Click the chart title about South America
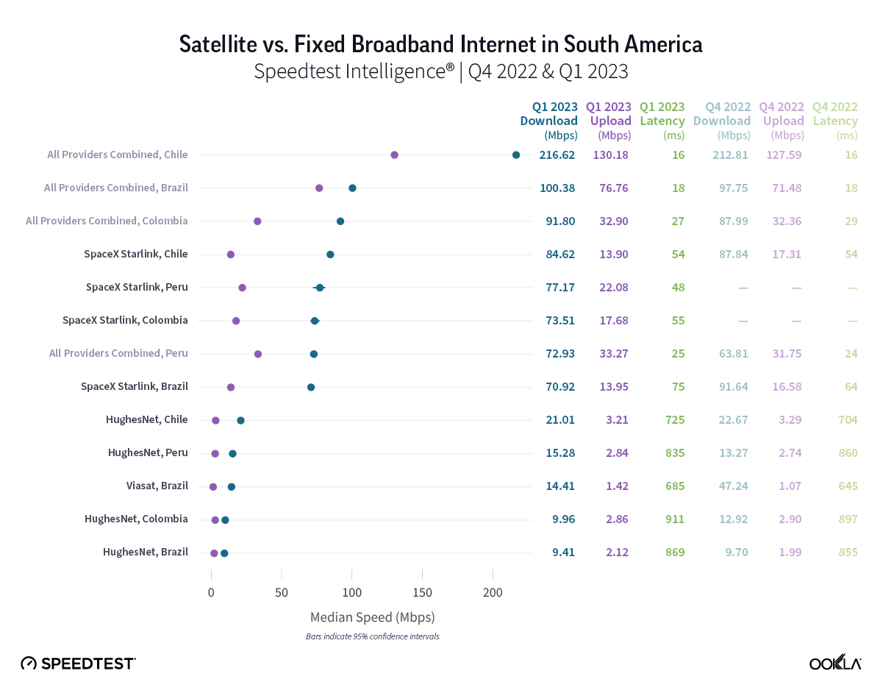(441, 45)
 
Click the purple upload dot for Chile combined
(394, 155)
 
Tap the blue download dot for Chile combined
(516, 155)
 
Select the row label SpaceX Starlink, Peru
(137, 287)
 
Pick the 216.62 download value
(557, 155)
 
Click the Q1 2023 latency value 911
(674, 519)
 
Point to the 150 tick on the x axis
(422, 593)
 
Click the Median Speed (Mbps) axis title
(372, 617)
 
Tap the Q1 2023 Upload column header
(609, 120)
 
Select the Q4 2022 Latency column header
(835, 120)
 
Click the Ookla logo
(835, 663)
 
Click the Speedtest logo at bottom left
(78, 663)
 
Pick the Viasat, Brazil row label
(157, 486)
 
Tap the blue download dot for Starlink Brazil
(311, 387)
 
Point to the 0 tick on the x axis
(211, 593)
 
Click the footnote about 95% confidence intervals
(372, 636)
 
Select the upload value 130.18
(612, 155)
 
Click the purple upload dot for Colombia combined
(257, 221)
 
